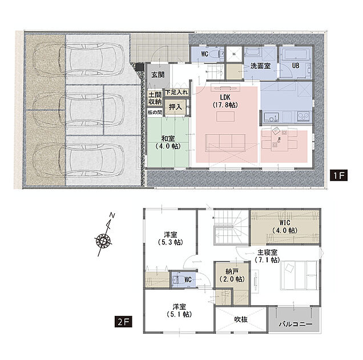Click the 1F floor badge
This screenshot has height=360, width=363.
click(338, 175)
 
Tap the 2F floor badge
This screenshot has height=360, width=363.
click(123, 322)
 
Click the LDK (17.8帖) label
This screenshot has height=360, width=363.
click(225, 101)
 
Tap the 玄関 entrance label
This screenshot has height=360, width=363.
click(158, 75)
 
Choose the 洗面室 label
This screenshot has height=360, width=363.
click(260, 66)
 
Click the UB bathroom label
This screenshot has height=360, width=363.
click(296, 66)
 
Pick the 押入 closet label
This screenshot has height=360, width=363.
click(175, 107)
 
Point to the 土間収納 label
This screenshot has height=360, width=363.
click(155, 98)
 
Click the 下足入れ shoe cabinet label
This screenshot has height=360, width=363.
click(176, 92)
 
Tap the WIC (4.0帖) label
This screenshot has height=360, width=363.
click(285, 226)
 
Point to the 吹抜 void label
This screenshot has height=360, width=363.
click(241, 319)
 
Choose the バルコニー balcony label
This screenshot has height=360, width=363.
click(296, 324)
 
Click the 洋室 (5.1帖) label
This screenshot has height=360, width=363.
click(179, 311)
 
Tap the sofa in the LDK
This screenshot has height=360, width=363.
click(225, 143)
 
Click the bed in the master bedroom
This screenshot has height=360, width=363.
click(299, 275)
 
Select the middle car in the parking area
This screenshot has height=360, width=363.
click(79, 110)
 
